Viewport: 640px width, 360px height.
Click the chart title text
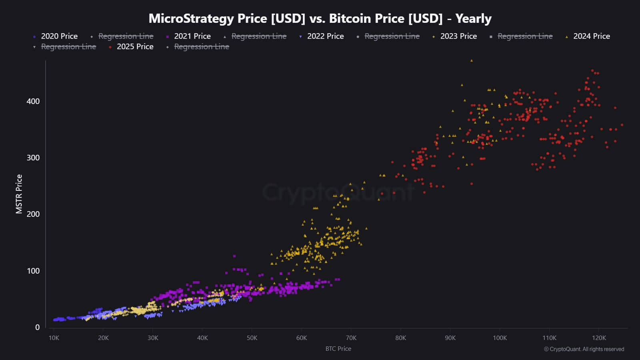pyautogui.click(x=320, y=18)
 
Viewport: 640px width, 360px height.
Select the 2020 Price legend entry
pyautogui.click(x=59, y=36)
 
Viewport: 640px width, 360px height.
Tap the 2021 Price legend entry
pyautogui.click(x=192, y=36)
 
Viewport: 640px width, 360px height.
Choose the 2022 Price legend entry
pyautogui.click(x=325, y=36)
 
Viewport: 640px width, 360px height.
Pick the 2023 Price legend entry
pyautogui.click(x=458, y=36)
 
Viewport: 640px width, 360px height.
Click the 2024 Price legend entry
pyautogui.click(x=591, y=36)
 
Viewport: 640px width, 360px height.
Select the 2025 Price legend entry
pyautogui.click(x=135, y=47)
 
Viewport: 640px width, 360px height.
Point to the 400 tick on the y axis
pyautogui.click(x=33, y=101)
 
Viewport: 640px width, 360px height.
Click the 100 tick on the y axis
pyautogui.click(x=33, y=271)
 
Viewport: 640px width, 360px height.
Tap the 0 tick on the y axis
pyautogui.click(x=37, y=327)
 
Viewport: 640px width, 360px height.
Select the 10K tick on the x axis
pyautogui.click(x=54, y=338)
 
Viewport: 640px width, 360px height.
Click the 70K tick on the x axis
pyautogui.click(x=351, y=338)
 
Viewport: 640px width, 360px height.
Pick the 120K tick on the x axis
pyautogui.click(x=599, y=338)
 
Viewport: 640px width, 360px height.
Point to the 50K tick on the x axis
pyautogui.click(x=252, y=338)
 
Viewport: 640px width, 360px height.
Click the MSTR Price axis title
pyautogui.click(x=19, y=194)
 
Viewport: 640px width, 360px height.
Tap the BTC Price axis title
pyautogui.click(x=338, y=349)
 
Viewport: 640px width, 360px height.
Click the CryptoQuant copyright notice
pyautogui.click(x=584, y=349)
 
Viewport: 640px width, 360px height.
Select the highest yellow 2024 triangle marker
pyautogui.click(x=472, y=61)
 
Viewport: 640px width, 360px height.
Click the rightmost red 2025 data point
pyautogui.click(x=622, y=125)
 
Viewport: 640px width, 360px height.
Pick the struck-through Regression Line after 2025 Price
pyautogui.click(x=202, y=47)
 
